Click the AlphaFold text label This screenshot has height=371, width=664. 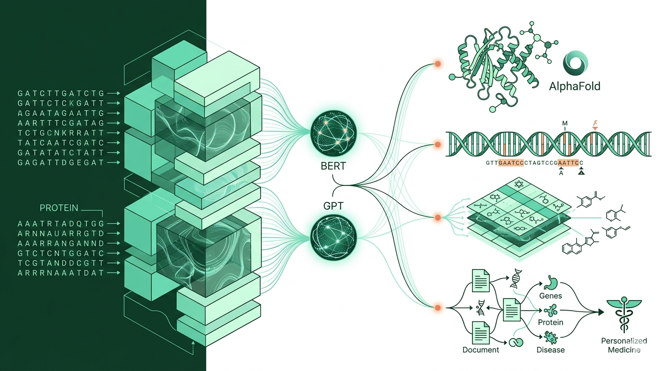574,87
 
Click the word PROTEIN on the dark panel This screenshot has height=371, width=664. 58,208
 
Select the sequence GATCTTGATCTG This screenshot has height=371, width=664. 60,93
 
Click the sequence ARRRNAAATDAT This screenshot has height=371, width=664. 60,273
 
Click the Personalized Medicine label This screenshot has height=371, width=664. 623,345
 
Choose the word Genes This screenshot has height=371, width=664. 550,295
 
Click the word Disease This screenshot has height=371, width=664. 550,349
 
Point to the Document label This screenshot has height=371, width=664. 480,349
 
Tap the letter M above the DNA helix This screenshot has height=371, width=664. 564,123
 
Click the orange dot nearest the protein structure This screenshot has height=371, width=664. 438,64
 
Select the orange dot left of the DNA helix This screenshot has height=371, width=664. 438,144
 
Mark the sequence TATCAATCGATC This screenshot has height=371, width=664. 60,143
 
